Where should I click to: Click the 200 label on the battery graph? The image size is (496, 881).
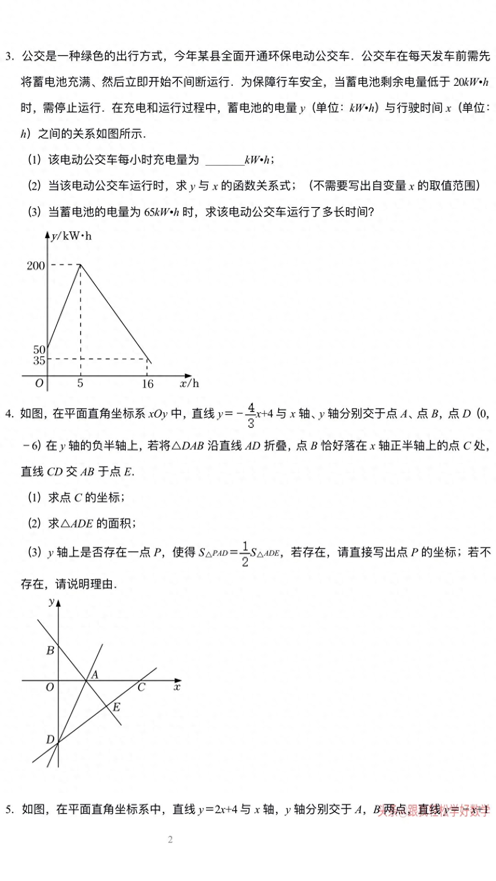(x=36, y=266)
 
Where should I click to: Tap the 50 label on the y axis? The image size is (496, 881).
(x=39, y=350)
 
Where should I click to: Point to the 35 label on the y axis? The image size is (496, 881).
(x=39, y=360)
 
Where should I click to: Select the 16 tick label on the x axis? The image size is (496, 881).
(x=147, y=384)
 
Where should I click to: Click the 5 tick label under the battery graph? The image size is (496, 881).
(x=80, y=383)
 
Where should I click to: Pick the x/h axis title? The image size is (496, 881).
(x=189, y=383)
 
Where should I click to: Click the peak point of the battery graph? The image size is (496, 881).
(x=81, y=264)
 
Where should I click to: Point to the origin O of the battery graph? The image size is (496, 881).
(x=39, y=383)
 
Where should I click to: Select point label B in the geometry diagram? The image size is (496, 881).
(x=50, y=650)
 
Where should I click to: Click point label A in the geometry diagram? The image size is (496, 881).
(x=95, y=675)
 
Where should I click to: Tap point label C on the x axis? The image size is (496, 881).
(x=141, y=687)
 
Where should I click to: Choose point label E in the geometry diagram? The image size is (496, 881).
(x=116, y=707)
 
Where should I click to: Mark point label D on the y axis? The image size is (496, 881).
(x=50, y=739)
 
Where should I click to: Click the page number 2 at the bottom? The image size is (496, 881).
(x=171, y=840)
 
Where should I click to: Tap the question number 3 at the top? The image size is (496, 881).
(x=9, y=56)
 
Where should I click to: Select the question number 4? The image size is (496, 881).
(x=9, y=414)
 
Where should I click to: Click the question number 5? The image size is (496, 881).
(x=9, y=810)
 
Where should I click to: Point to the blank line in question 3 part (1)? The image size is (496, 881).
(x=224, y=161)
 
